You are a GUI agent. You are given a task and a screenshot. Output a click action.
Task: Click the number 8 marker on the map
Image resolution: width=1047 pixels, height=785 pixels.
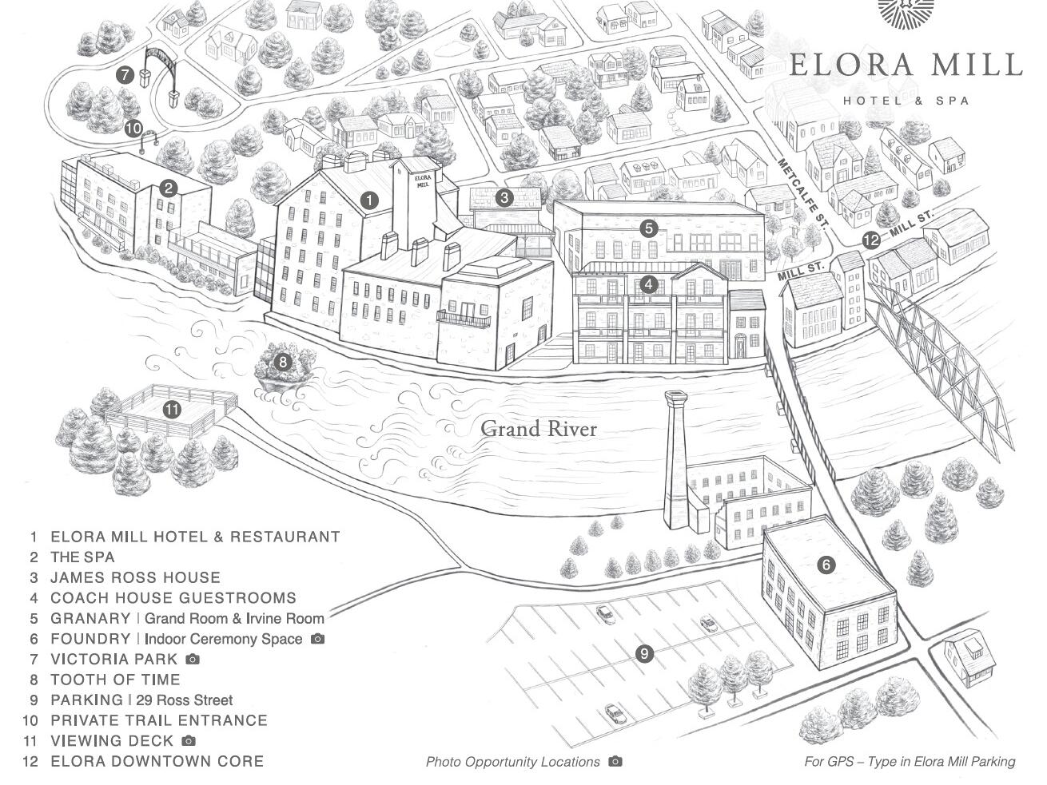[x=283, y=363]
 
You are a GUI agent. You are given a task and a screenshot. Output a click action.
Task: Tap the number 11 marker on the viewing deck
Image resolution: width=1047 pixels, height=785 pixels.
[x=172, y=410]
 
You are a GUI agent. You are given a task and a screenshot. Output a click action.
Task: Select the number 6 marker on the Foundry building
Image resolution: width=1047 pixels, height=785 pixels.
[x=826, y=565]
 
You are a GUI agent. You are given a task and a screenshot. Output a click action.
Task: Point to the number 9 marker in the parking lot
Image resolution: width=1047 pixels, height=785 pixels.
[x=644, y=653]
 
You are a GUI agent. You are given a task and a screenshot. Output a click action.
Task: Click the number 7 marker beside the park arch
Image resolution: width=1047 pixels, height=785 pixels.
[x=125, y=75]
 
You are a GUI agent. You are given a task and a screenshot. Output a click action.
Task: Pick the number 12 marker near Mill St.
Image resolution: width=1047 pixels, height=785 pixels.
[x=871, y=240]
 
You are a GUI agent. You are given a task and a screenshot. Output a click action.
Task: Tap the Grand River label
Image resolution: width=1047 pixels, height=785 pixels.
[x=539, y=429]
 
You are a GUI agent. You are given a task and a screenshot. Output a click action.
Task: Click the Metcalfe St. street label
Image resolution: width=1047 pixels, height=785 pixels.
[x=801, y=195]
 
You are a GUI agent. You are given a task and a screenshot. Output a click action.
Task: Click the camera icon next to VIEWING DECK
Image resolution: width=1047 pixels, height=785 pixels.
[x=189, y=740]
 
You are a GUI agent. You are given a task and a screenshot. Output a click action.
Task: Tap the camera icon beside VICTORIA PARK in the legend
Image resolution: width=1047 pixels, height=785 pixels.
[x=193, y=659]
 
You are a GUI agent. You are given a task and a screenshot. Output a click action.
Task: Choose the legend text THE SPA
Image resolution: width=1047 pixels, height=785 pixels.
[x=82, y=557]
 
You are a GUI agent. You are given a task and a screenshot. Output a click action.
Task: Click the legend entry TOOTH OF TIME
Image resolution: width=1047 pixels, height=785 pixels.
[x=115, y=680]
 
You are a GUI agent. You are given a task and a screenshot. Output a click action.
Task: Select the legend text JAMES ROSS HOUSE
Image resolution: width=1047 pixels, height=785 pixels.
[x=135, y=577]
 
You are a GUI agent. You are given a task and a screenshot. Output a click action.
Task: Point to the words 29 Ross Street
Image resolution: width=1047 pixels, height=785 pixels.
[x=185, y=700]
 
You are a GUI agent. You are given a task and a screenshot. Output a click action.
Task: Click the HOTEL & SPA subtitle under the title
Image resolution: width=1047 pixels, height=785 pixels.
[x=906, y=101]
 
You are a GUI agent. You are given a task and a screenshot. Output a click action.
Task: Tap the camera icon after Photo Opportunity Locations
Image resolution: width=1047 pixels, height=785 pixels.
[x=615, y=761]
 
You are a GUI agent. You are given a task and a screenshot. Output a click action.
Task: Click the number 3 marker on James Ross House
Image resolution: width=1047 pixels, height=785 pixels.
[x=504, y=197]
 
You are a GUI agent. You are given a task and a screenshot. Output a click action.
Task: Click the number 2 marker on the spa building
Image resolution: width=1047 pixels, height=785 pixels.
[x=169, y=188]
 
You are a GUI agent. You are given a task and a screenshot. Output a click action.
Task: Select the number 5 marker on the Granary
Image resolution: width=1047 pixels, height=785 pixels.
[x=649, y=228]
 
